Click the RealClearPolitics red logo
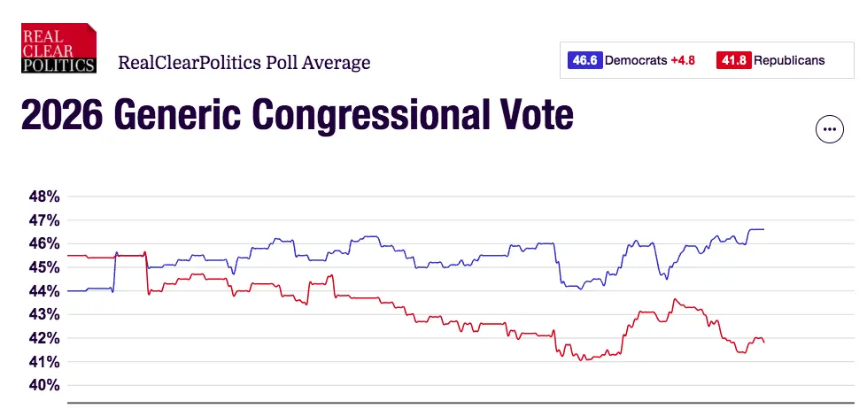click(x=58, y=47)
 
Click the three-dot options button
click(x=829, y=129)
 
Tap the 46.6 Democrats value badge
click(x=584, y=61)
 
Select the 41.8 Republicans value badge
click(x=733, y=61)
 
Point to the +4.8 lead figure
click(x=683, y=61)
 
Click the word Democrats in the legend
click(x=636, y=61)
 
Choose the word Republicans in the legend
click(x=789, y=61)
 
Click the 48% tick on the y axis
click(x=42, y=196)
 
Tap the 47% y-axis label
click(x=42, y=220)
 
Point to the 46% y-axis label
click(x=42, y=243)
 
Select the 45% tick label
click(x=42, y=267)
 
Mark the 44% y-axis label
click(x=42, y=291)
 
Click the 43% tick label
click(x=42, y=314)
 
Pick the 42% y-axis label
click(x=42, y=338)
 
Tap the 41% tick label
click(x=42, y=362)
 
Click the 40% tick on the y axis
click(x=42, y=386)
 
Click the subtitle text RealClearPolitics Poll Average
click(x=244, y=63)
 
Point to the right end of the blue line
click(x=762, y=229)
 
